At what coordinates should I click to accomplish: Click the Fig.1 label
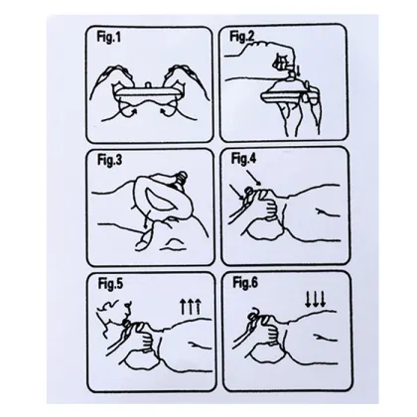(x=109, y=37)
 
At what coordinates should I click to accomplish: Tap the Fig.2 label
(x=242, y=37)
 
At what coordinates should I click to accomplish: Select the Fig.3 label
(x=109, y=160)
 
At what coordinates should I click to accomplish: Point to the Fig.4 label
(x=243, y=159)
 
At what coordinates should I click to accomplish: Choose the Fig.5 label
(x=110, y=284)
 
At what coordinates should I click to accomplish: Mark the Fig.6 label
(x=245, y=283)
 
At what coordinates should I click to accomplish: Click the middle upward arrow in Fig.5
(x=191, y=306)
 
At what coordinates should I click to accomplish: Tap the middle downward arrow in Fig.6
(x=315, y=299)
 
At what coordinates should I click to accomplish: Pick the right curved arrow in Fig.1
(x=167, y=111)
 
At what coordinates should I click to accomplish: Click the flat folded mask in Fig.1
(x=148, y=93)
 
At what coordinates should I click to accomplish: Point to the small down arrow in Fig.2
(x=297, y=70)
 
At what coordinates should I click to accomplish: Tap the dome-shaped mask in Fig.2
(x=285, y=89)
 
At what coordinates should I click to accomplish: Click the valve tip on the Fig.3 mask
(x=182, y=177)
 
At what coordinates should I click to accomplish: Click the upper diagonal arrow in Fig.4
(x=254, y=177)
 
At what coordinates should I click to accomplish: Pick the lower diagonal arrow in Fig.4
(x=237, y=192)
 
